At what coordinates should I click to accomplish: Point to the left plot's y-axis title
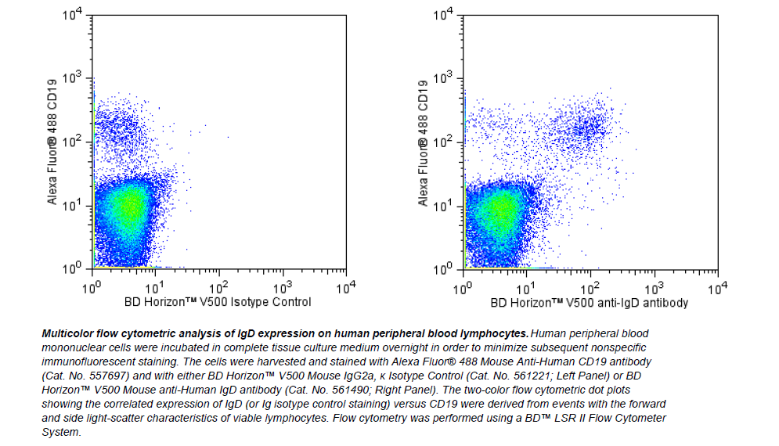pyautogui.click(x=52, y=142)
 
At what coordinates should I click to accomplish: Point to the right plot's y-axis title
pyautogui.click(x=424, y=142)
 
